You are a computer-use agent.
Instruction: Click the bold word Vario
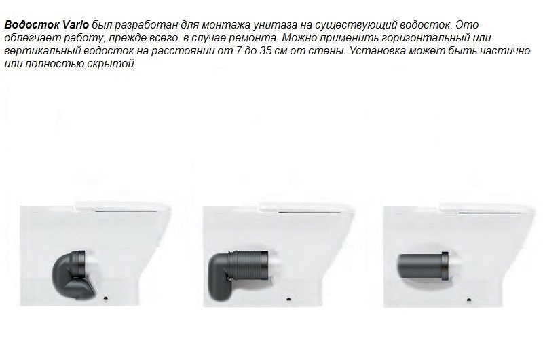click(x=75, y=25)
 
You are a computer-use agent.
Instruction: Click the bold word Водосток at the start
click(x=32, y=25)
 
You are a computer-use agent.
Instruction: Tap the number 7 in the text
click(x=238, y=51)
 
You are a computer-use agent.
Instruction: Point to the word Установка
click(x=377, y=51)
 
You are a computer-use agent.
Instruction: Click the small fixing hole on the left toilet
click(x=106, y=298)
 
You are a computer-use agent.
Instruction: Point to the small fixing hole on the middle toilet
click(x=289, y=298)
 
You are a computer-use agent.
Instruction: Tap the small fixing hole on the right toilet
click(x=469, y=300)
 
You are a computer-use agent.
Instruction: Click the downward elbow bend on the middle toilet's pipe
click(x=220, y=277)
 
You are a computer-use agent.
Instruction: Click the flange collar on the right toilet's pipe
click(x=445, y=265)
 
